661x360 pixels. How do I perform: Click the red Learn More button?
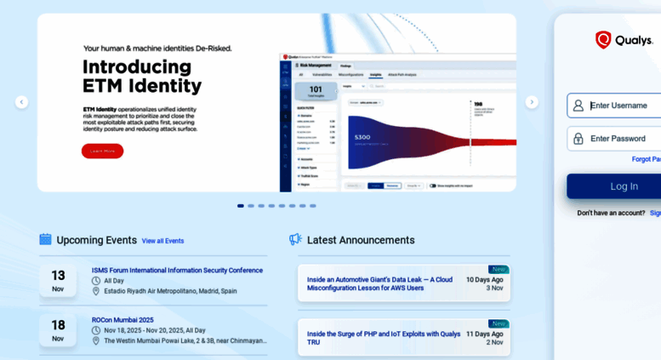(x=102, y=151)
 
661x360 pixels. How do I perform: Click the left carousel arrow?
(x=21, y=102)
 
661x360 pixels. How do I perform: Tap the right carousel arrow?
(x=532, y=102)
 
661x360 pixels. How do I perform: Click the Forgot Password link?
(x=647, y=159)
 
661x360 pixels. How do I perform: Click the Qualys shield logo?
(x=603, y=40)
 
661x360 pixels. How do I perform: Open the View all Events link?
(x=162, y=241)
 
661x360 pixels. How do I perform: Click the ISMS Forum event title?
(x=177, y=271)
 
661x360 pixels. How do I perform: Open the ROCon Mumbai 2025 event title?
(x=123, y=320)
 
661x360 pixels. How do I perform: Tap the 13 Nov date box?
(x=58, y=280)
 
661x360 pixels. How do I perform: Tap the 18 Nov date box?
(x=58, y=329)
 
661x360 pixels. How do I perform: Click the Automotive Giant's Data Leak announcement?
(x=379, y=283)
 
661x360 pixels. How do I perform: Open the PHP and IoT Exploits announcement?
(x=384, y=338)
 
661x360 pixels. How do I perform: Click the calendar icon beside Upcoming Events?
(x=45, y=239)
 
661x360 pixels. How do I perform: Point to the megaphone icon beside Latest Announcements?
(x=295, y=239)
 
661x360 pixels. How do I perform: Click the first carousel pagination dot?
(x=241, y=206)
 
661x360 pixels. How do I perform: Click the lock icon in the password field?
(x=578, y=139)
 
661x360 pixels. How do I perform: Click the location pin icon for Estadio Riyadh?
(x=96, y=291)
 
